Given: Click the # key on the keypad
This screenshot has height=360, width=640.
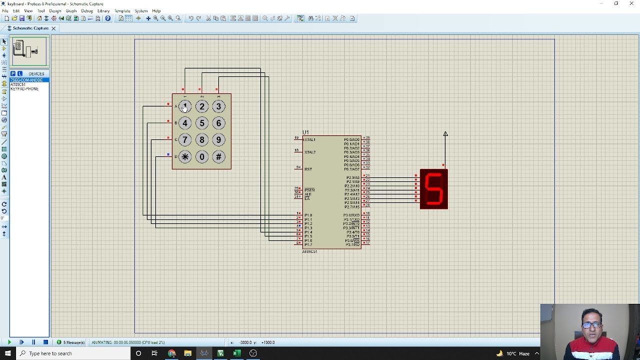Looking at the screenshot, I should [x=218, y=157].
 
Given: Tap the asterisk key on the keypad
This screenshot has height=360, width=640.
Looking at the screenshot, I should [x=185, y=157].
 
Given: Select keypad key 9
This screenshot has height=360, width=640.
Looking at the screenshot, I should [x=218, y=140].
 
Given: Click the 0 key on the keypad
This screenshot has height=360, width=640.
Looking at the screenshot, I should [x=202, y=157].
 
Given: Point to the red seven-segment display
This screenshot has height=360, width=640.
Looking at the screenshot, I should [x=433, y=189].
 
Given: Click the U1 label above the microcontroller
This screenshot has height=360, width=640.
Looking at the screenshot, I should [x=305, y=132].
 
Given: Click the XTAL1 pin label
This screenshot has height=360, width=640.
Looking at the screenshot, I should [x=310, y=140].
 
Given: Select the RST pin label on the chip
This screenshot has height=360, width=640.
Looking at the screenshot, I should [x=308, y=169].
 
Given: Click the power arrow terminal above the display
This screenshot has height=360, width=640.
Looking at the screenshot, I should [x=445, y=134].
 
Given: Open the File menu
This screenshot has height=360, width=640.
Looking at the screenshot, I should [x=5, y=10].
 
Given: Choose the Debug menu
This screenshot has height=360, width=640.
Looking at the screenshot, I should [x=87, y=10].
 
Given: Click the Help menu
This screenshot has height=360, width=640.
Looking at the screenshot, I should [x=156, y=10].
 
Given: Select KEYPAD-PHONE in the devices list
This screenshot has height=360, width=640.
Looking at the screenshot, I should [x=24, y=89].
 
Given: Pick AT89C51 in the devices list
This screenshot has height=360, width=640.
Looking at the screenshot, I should [x=18, y=84].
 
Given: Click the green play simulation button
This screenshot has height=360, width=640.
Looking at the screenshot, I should [x=9, y=342].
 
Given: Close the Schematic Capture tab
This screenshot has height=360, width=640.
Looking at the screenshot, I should [x=53, y=28].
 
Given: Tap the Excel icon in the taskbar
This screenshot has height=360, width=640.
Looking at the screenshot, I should [x=237, y=353].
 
